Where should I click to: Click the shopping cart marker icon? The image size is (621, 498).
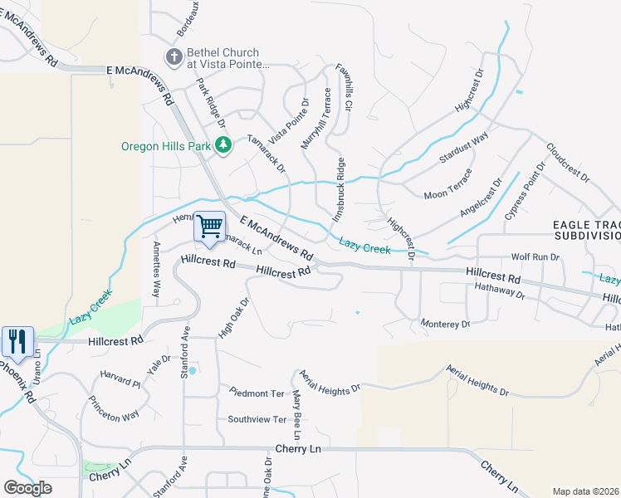click(x=209, y=226)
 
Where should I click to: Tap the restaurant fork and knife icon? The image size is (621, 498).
click(x=17, y=340)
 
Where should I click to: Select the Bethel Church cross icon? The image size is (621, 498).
click(x=174, y=56)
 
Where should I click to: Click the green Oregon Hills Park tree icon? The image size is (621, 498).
click(x=222, y=145)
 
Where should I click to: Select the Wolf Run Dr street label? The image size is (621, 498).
click(x=535, y=258)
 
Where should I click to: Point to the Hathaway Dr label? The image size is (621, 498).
click(x=500, y=290)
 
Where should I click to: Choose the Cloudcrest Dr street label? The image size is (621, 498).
click(x=568, y=163)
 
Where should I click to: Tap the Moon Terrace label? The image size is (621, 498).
click(x=447, y=185)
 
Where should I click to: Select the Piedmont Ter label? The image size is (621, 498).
click(x=257, y=393)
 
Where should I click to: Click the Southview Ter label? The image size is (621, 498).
click(x=257, y=419)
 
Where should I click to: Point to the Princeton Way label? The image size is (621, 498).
click(x=115, y=407)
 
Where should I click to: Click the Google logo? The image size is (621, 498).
click(x=27, y=488)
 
